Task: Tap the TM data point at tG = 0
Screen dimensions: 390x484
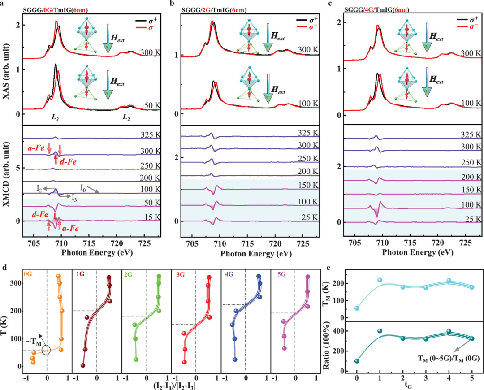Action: (x=357, y=308)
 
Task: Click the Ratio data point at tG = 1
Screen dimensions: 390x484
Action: (x=380, y=331)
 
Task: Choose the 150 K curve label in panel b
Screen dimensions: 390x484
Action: (x=308, y=185)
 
